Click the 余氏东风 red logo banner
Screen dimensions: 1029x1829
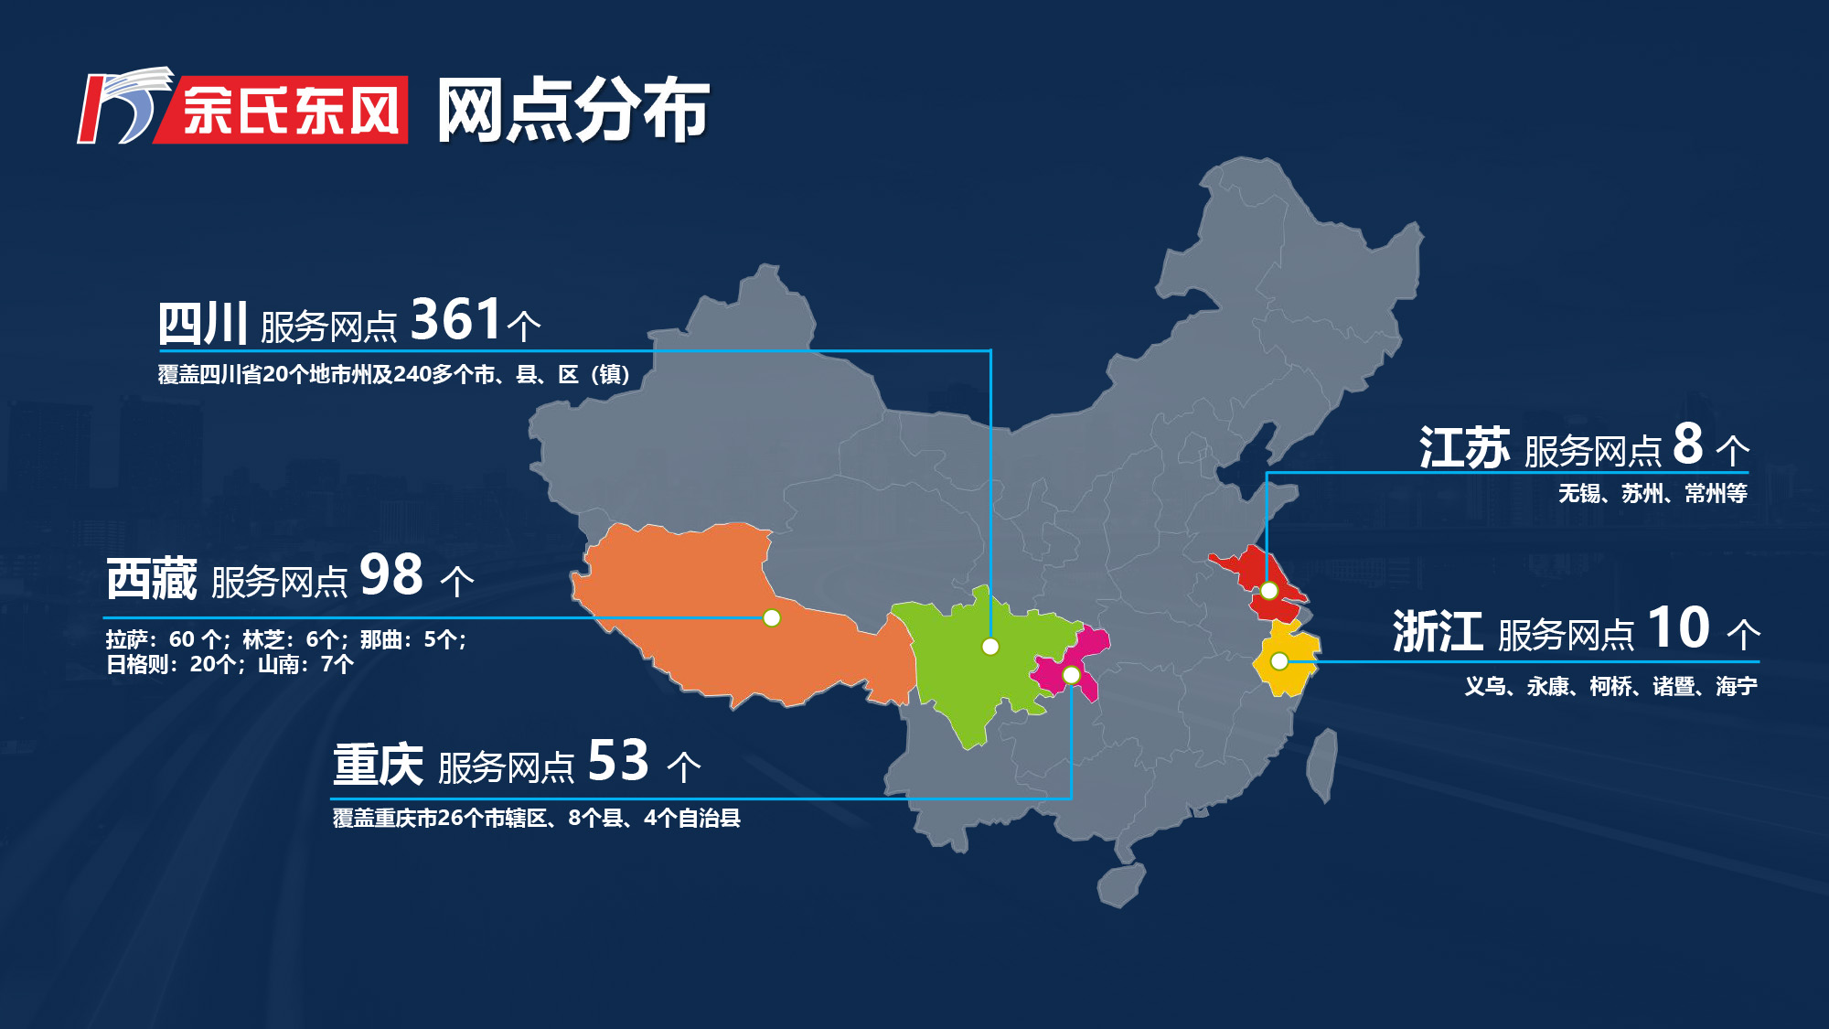click(291, 111)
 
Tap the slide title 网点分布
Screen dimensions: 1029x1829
click(572, 111)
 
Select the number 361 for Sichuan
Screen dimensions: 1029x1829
click(455, 319)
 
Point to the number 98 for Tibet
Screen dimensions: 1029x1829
click(391, 575)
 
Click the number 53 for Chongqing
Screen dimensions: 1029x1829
click(618, 760)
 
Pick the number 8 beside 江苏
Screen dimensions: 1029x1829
click(1687, 445)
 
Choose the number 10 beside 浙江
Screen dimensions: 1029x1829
click(1678, 628)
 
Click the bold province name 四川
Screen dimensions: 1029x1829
click(203, 323)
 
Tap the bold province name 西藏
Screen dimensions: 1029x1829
click(152, 579)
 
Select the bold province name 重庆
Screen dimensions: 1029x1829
click(378, 764)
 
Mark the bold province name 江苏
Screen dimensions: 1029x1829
click(1464, 448)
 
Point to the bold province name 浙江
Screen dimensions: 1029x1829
click(1438, 632)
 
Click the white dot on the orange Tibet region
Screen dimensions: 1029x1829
click(772, 618)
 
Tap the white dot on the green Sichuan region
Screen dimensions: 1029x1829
click(990, 647)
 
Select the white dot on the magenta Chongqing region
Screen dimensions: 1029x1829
click(1071, 675)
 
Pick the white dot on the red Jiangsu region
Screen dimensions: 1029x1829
click(1268, 591)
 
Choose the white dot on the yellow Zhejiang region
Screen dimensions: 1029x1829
click(1279, 660)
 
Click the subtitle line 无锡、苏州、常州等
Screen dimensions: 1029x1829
click(1653, 494)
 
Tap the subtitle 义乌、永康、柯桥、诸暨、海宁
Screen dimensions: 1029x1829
click(1610, 686)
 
